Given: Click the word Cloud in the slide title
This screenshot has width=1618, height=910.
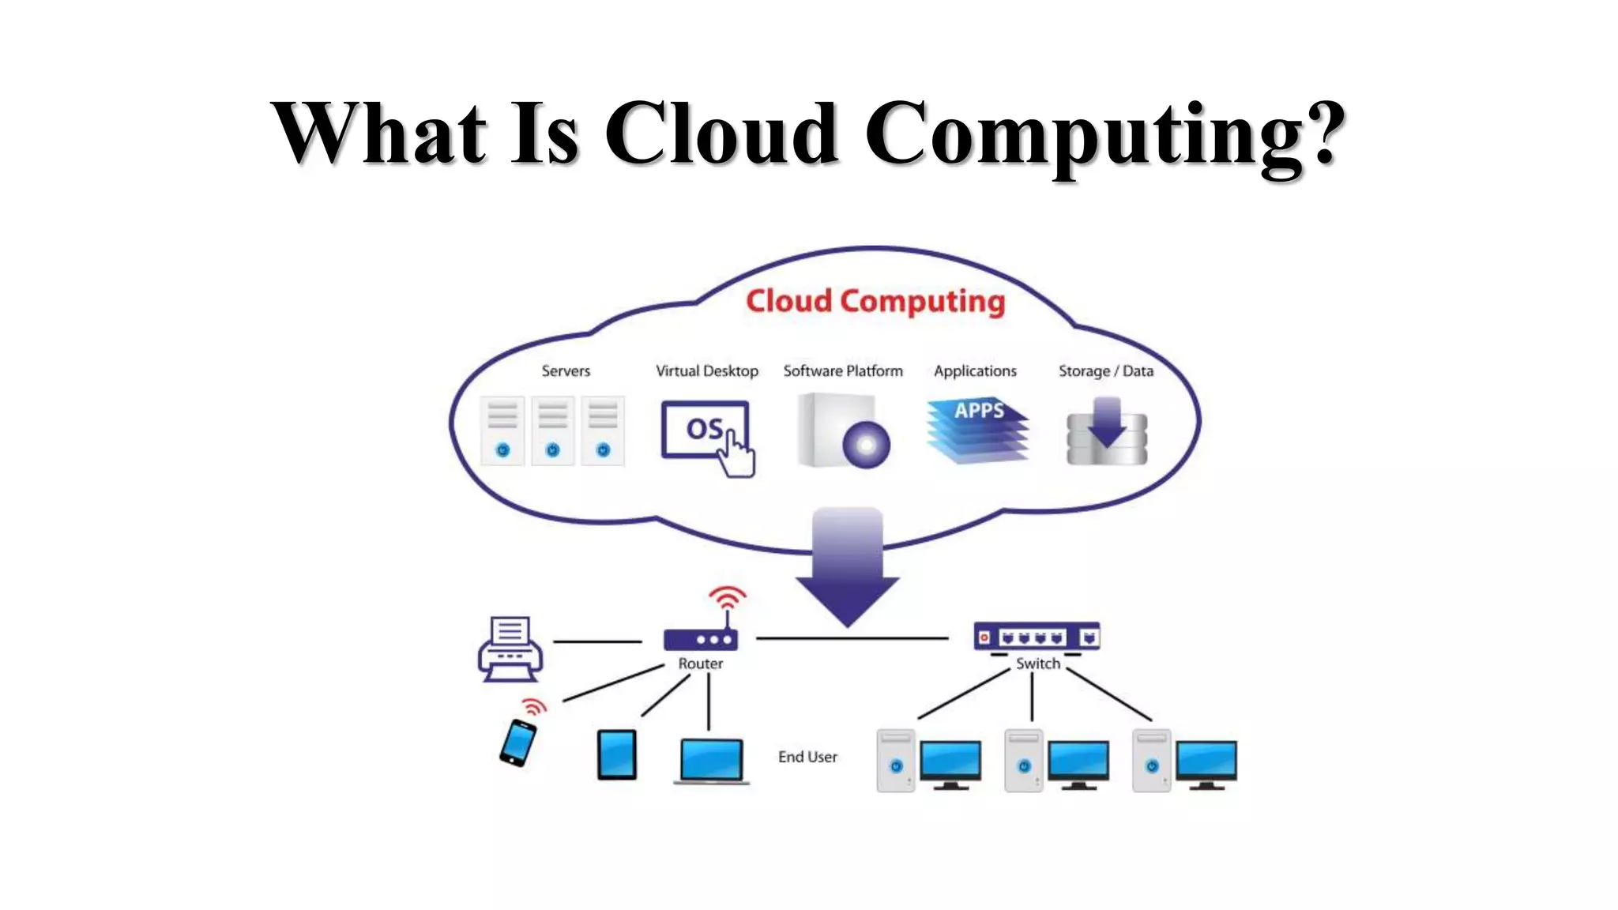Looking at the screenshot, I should click(721, 133).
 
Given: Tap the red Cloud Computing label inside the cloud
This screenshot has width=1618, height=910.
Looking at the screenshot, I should click(875, 301).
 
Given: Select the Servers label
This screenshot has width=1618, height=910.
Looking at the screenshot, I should click(566, 370).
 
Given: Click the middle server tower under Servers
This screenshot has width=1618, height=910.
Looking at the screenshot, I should click(552, 431).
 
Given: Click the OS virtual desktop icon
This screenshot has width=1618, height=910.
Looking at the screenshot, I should click(706, 431).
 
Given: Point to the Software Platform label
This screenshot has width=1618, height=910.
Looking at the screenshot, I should click(842, 370).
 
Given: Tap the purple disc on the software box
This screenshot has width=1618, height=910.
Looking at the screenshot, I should click(866, 445).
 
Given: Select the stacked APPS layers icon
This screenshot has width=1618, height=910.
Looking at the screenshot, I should click(978, 431).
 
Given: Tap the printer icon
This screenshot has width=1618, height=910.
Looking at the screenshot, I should click(510, 649).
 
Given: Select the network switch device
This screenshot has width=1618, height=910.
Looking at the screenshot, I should click(1037, 637).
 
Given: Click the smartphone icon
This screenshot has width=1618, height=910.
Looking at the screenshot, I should click(518, 743).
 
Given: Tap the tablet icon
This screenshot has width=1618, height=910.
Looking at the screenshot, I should click(616, 754).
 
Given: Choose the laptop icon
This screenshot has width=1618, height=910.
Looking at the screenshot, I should click(711, 760).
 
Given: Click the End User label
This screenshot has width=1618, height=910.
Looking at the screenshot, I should click(807, 757).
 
